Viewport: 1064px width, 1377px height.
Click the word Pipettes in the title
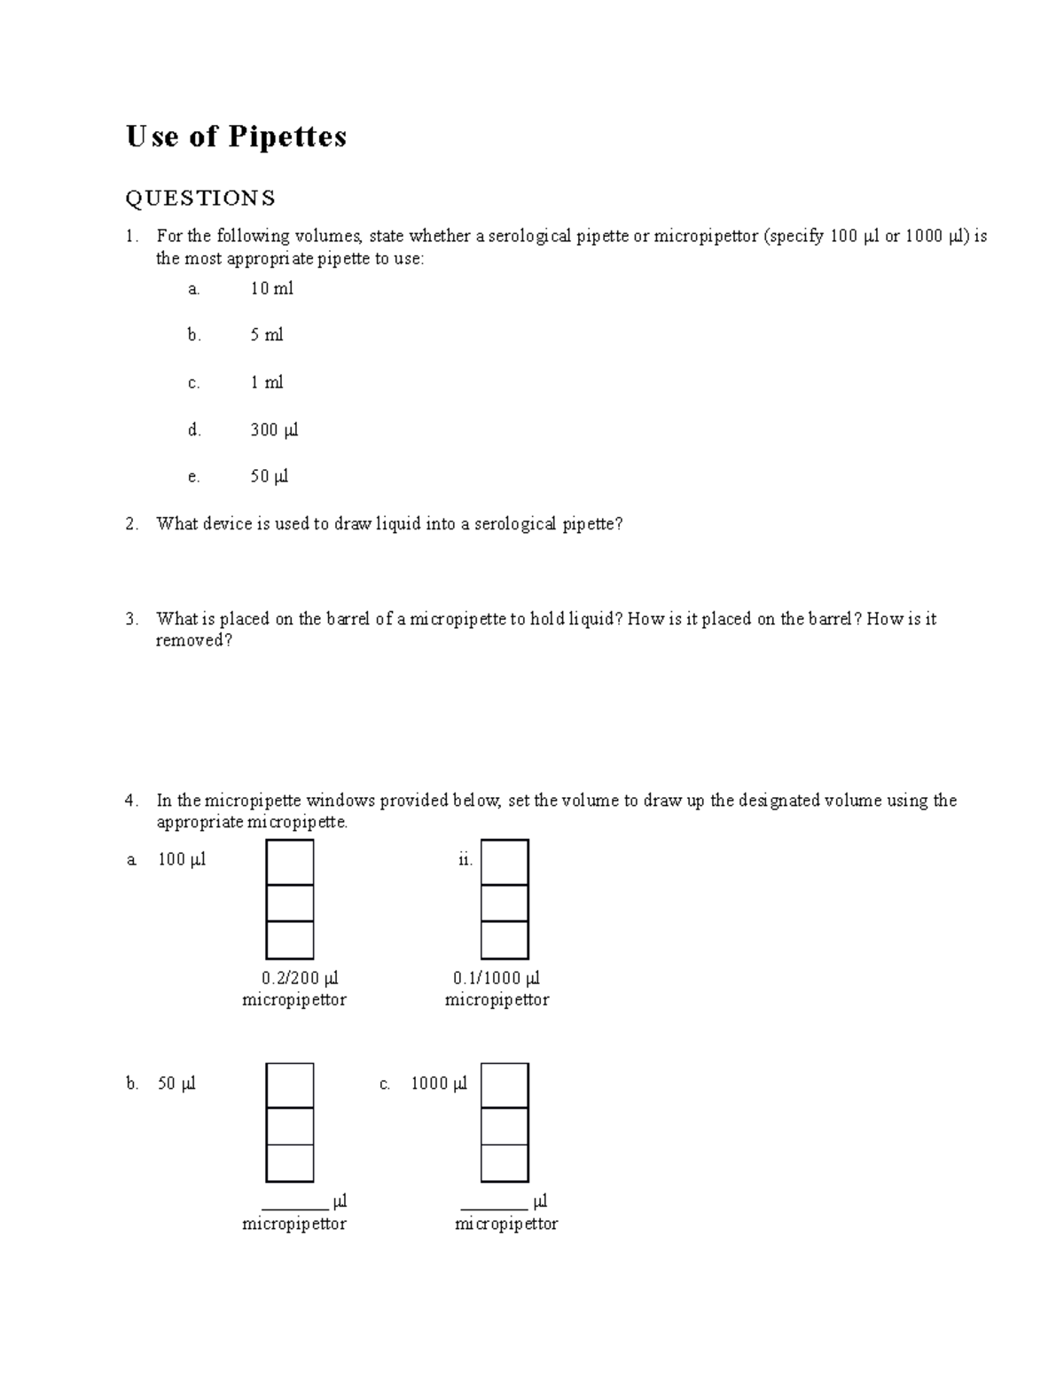coord(287,137)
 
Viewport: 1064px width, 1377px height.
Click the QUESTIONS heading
coord(200,198)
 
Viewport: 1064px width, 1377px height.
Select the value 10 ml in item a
coord(271,289)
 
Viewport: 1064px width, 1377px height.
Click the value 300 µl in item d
coord(274,431)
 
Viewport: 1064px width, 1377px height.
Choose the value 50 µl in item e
coord(270,477)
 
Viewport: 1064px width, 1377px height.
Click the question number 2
coord(131,524)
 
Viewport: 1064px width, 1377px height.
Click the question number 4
coord(131,801)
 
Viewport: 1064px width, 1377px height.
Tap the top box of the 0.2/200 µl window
coord(290,862)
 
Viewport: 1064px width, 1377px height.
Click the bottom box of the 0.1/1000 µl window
coord(505,940)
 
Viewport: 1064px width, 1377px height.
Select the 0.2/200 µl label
coord(300,978)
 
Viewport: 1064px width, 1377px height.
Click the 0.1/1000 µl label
coord(496,978)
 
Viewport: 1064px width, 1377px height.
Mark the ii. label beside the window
coord(465,860)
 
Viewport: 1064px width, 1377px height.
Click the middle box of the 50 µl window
coord(290,1126)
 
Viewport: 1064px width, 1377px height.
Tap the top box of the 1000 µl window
coord(505,1085)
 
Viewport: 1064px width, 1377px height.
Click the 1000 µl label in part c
coord(438,1084)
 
